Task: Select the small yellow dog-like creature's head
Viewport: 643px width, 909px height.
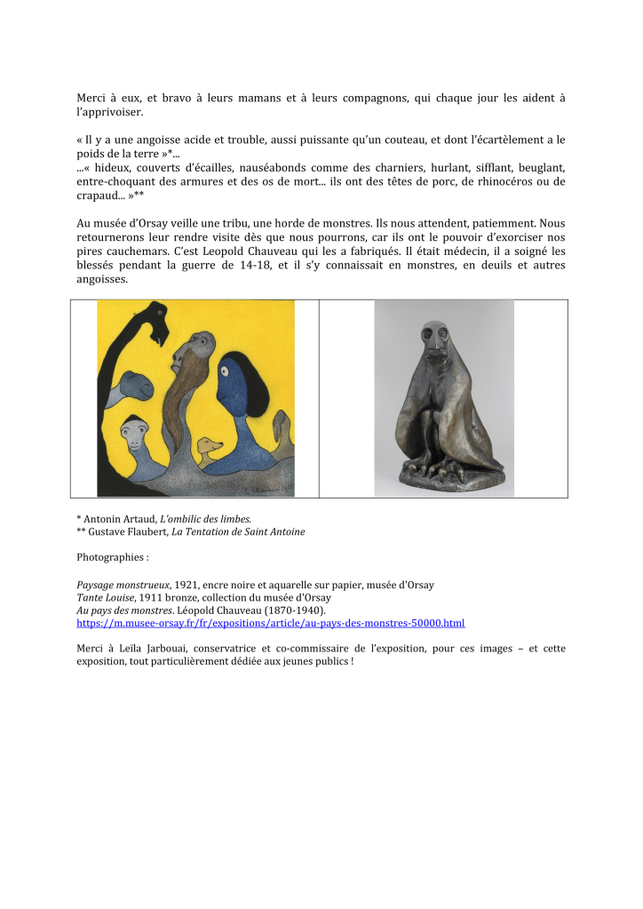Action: pyautogui.click(x=210, y=444)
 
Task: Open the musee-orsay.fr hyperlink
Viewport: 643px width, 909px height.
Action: pyautogui.click(x=271, y=624)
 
